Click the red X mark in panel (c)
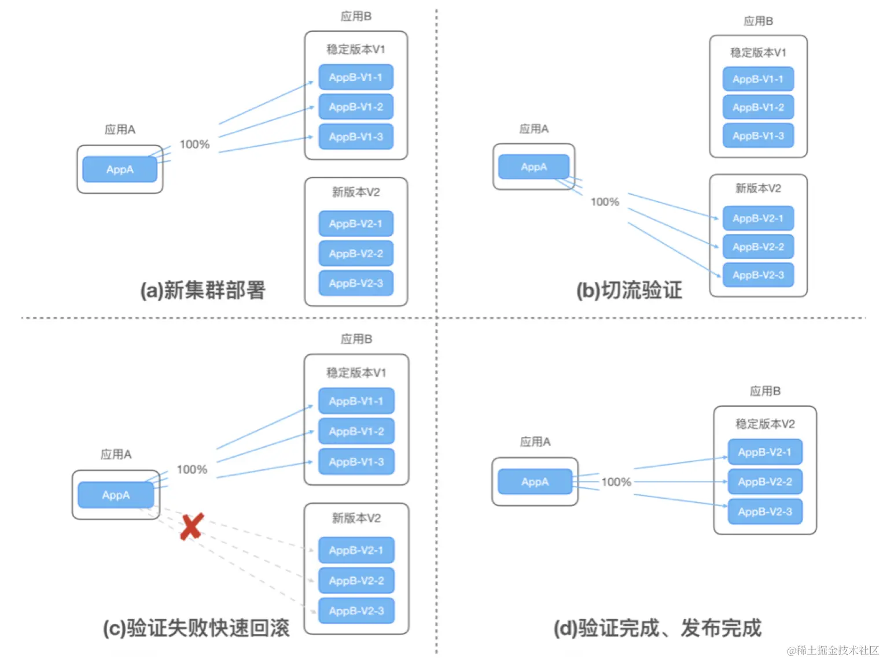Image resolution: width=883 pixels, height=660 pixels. click(x=192, y=526)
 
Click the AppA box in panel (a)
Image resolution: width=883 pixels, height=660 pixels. click(x=120, y=169)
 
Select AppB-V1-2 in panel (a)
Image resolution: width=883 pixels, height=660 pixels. click(x=356, y=107)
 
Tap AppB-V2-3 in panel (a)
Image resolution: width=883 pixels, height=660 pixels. click(x=356, y=283)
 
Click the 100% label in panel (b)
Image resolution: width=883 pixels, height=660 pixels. click(x=605, y=202)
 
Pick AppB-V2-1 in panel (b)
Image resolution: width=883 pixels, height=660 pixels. click(x=758, y=218)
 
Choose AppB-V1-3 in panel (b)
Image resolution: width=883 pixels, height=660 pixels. click(x=758, y=136)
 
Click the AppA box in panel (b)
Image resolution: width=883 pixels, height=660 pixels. click(x=534, y=167)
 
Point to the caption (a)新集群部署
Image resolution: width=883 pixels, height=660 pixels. click(x=203, y=290)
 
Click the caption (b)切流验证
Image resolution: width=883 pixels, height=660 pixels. click(x=630, y=290)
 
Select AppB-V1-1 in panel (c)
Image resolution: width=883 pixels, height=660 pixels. click(x=356, y=401)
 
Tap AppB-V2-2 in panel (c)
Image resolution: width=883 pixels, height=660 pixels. click(x=356, y=581)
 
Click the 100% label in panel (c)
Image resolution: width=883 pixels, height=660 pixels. click(x=192, y=469)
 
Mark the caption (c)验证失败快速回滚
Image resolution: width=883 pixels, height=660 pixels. click(x=196, y=628)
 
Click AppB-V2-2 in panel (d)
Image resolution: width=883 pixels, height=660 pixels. click(x=765, y=481)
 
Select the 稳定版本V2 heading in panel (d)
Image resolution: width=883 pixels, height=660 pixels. click(x=765, y=424)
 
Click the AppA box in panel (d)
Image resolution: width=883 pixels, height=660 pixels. click(x=535, y=482)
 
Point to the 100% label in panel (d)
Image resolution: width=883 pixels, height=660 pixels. click(x=616, y=482)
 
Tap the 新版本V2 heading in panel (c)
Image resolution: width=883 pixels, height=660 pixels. click(x=356, y=518)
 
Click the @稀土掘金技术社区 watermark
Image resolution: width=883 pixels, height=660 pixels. click(x=833, y=650)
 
